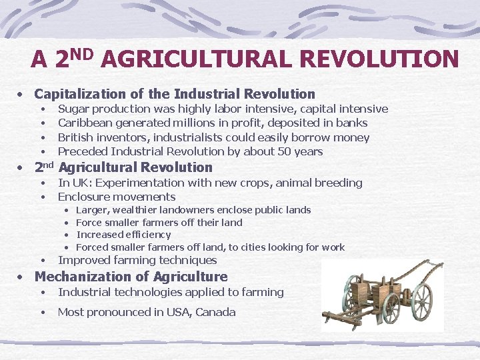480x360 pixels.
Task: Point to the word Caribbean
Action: (85, 123)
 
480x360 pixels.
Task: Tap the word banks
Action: (352, 123)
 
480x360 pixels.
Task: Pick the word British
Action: (75, 137)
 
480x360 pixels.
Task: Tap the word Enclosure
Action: (84, 197)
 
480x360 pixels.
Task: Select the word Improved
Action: (83, 260)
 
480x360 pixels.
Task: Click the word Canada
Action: (216, 312)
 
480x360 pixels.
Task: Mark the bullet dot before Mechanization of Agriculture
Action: (22, 277)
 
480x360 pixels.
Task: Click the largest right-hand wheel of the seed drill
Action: (421, 303)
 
